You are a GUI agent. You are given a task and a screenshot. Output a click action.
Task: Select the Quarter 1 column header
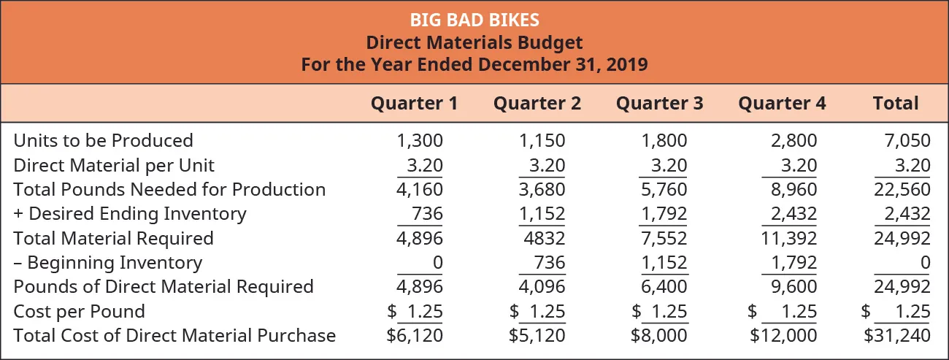point(414,103)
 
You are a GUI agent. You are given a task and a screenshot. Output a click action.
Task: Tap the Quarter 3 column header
point(659,103)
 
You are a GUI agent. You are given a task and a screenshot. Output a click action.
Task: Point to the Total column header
point(896,103)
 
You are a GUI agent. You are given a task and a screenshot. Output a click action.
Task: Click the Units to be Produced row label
point(103,140)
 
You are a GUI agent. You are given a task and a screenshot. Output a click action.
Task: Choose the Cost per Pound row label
point(79,311)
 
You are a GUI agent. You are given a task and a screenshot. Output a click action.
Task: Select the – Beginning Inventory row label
point(107,262)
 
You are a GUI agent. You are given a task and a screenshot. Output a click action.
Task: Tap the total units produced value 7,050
point(908,140)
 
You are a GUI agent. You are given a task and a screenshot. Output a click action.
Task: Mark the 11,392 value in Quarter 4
point(791,238)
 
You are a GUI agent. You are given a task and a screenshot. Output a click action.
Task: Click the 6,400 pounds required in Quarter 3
point(665,287)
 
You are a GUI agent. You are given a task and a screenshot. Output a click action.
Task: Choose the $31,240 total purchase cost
point(897,336)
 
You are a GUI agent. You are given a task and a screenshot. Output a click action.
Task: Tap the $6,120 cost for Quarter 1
point(415,336)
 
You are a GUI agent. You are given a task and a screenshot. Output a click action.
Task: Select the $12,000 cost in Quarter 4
point(783,336)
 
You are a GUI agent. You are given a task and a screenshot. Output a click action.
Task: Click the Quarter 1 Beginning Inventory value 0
point(437,262)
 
